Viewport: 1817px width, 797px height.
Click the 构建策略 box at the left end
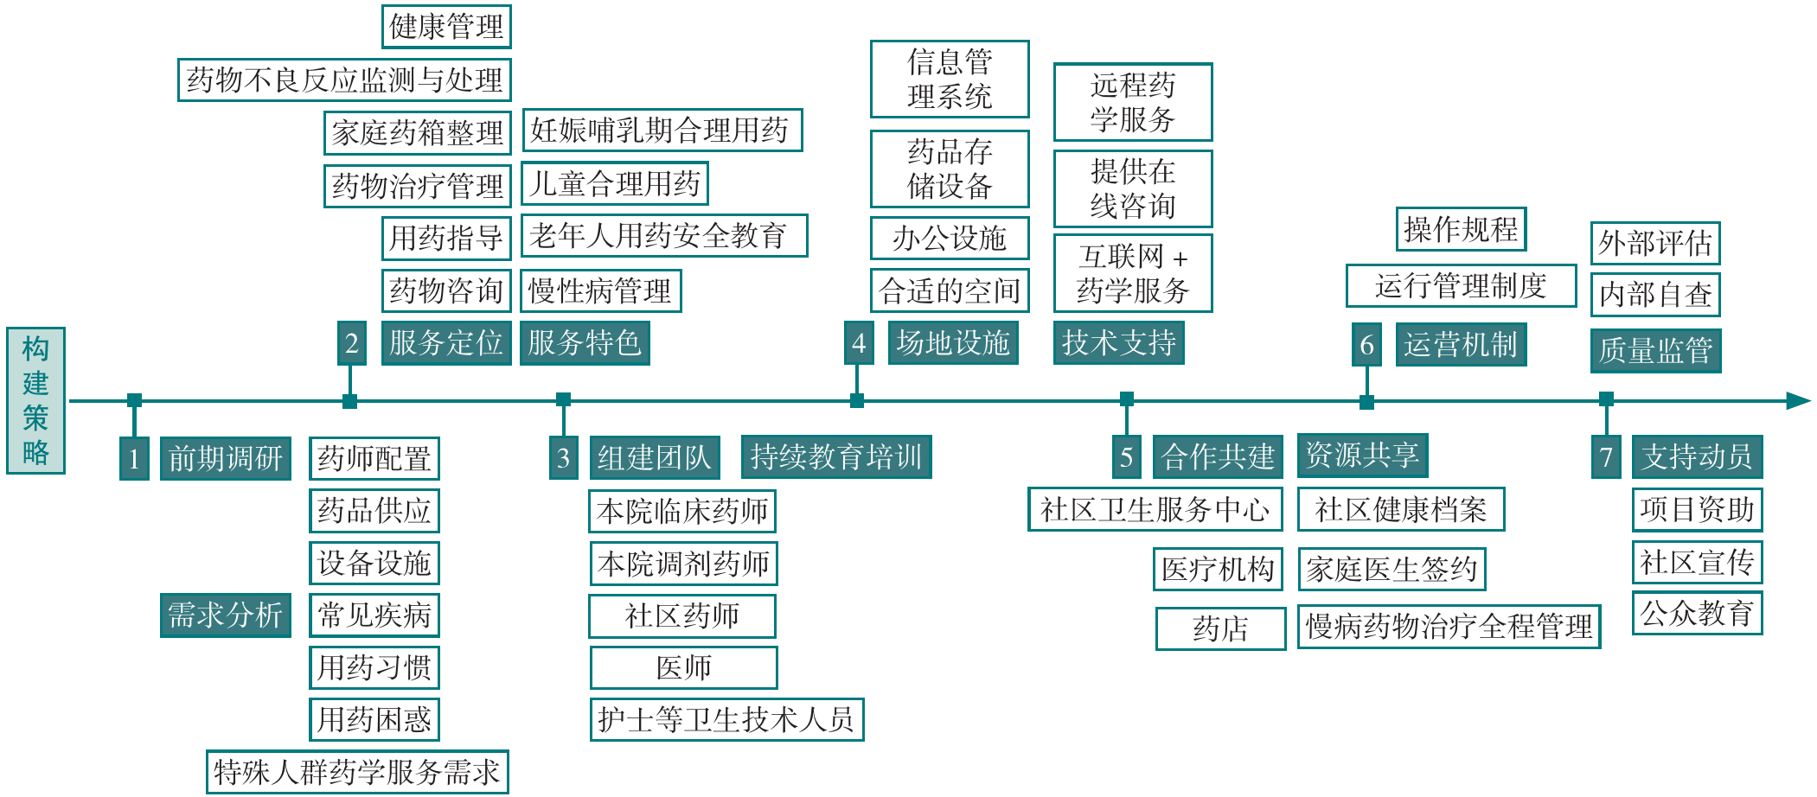click(x=35, y=400)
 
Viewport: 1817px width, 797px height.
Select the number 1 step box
click(x=134, y=458)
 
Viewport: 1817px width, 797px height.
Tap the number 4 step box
click(x=858, y=343)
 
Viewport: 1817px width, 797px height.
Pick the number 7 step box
click(x=1606, y=456)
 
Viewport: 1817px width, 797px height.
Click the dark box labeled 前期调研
click(x=225, y=458)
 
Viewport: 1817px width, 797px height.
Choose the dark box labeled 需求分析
click(x=225, y=615)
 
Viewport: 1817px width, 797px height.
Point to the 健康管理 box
click(x=446, y=27)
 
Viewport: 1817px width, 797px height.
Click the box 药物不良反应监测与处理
click(x=344, y=80)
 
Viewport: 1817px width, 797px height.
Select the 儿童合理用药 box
click(x=614, y=183)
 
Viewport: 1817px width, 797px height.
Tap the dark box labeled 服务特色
click(x=584, y=343)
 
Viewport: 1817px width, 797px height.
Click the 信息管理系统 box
click(x=950, y=79)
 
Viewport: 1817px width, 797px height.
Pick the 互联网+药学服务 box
click(x=1133, y=273)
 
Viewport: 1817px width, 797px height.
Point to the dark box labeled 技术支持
click(x=1118, y=343)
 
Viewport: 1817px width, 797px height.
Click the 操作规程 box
click(x=1461, y=229)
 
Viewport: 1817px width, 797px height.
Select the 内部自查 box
click(x=1654, y=295)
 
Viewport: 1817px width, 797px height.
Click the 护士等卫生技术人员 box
click(x=726, y=719)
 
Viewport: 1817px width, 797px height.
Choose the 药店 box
click(x=1220, y=628)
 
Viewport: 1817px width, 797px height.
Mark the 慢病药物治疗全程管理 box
click(x=1449, y=627)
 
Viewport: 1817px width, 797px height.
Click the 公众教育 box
click(x=1697, y=614)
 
